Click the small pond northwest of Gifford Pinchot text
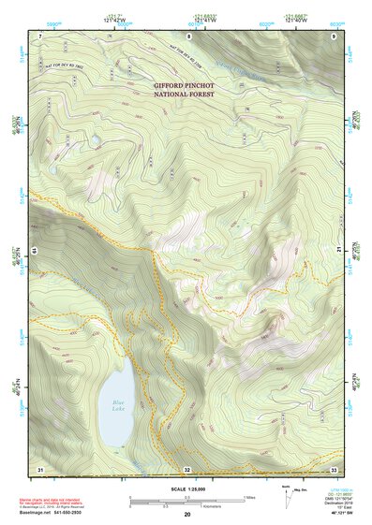95,141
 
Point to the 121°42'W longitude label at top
115,20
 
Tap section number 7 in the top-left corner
40,36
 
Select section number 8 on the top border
188,36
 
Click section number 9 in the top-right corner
335,36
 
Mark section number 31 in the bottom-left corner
40,468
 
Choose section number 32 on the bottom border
187,469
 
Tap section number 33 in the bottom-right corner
335,468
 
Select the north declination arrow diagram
287,495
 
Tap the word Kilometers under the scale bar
187,508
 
